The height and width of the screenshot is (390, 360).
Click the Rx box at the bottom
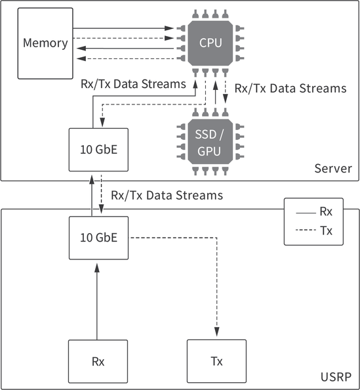tap(98, 361)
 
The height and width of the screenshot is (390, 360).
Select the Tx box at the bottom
tap(216, 361)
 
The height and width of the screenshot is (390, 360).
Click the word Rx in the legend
tap(326, 212)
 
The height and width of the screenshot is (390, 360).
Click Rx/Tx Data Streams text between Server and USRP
tap(167, 195)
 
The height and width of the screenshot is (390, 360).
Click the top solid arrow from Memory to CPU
tap(125, 28)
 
